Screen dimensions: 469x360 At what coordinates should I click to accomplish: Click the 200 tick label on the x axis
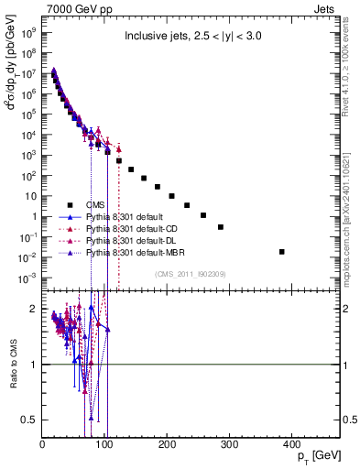click(x=167, y=445)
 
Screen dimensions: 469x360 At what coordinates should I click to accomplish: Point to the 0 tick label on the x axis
click(x=43, y=445)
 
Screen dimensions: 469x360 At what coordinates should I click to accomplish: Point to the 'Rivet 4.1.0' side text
click(x=349, y=55)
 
